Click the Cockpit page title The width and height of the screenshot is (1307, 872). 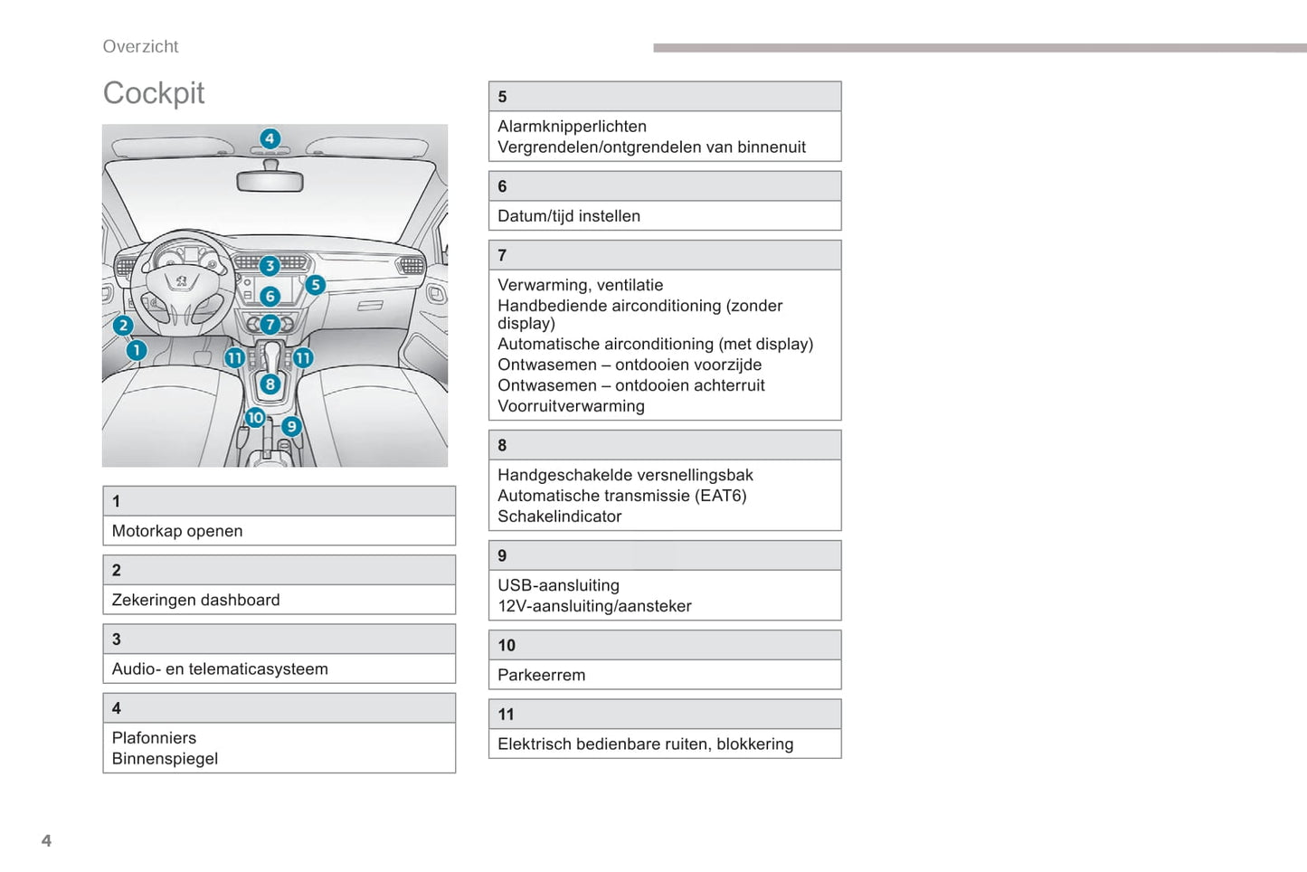(x=154, y=93)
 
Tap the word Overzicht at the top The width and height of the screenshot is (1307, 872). (x=140, y=47)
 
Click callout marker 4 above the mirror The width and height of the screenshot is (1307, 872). (x=270, y=138)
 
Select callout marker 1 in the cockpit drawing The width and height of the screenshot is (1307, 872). (x=136, y=350)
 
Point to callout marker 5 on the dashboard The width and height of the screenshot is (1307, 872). (x=315, y=285)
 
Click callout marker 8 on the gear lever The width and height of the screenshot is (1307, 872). (x=270, y=384)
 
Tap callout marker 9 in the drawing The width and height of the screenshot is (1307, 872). (x=291, y=426)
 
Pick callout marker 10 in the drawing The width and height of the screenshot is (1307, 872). (x=255, y=417)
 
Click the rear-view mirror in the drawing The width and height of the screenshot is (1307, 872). (x=270, y=181)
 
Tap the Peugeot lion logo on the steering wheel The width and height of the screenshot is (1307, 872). (x=182, y=281)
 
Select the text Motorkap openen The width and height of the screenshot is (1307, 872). (x=177, y=531)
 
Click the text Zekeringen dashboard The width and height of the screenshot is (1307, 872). (x=195, y=600)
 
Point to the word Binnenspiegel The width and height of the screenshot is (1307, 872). (x=165, y=759)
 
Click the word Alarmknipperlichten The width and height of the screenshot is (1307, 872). (x=572, y=127)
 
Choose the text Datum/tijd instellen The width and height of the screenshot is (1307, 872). (x=569, y=216)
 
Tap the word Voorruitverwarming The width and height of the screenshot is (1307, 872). (x=571, y=406)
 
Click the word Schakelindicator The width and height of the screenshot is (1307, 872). (x=559, y=517)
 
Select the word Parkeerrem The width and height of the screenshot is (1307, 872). (x=541, y=675)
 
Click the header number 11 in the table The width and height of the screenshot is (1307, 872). (x=507, y=715)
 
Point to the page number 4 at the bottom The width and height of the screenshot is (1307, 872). (x=46, y=840)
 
